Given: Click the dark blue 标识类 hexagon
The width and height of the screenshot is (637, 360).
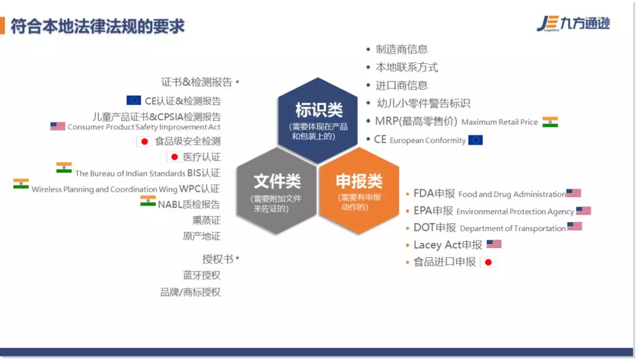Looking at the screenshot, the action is click(318, 120).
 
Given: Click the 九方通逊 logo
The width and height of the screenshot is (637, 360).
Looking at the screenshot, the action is click(573, 24).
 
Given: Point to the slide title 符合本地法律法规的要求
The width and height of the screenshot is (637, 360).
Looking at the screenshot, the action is click(97, 27).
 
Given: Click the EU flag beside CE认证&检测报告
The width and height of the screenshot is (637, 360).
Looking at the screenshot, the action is click(134, 100).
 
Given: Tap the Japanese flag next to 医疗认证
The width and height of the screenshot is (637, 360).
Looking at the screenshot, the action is click(174, 157).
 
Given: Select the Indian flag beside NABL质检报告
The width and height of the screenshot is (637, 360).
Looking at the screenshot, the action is click(148, 201).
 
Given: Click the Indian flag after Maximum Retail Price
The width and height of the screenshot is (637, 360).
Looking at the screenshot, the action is click(550, 122).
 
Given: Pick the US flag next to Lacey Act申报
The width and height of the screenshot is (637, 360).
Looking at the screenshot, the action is click(494, 244).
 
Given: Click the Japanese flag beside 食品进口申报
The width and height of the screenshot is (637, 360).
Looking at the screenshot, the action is click(488, 263).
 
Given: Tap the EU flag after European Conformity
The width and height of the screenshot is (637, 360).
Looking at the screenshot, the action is click(475, 140).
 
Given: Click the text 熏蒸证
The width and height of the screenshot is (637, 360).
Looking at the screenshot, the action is click(206, 220).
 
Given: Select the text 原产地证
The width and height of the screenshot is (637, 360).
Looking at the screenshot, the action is click(202, 236).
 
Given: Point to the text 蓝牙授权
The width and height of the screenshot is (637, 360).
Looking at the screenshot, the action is click(202, 275).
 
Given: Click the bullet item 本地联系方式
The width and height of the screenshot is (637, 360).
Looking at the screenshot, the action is click(406, 67).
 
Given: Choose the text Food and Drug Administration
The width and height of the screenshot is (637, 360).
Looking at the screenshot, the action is click(512, 194).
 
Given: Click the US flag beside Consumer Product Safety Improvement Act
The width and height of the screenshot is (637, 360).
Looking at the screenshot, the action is click(58, 126).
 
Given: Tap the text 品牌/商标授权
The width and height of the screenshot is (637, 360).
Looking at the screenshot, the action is click(190, 292).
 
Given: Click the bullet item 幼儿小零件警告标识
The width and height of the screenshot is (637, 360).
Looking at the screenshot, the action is click(423, 104).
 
